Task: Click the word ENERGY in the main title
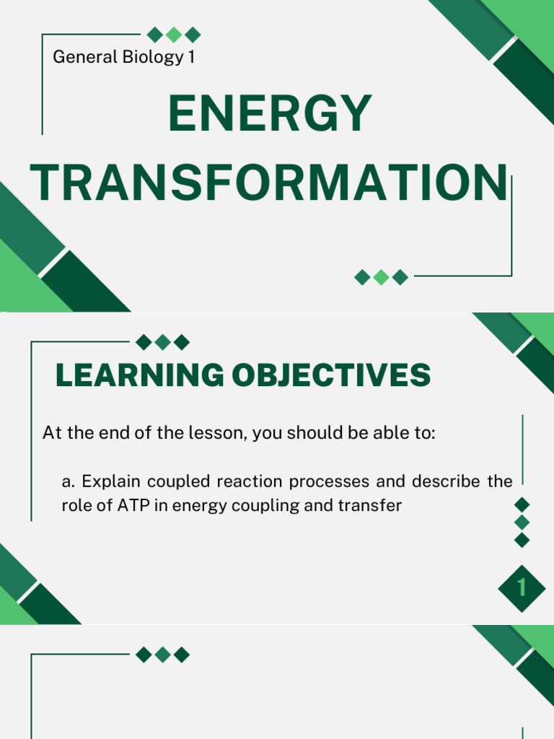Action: [270, 115]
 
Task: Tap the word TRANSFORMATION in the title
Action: [268, 183]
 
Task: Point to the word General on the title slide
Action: [82, 57]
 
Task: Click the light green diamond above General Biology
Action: [173, 35]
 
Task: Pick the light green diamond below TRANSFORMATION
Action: [382, 277]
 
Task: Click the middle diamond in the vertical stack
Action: [522, 522]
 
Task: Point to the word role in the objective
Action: [77, 506]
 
